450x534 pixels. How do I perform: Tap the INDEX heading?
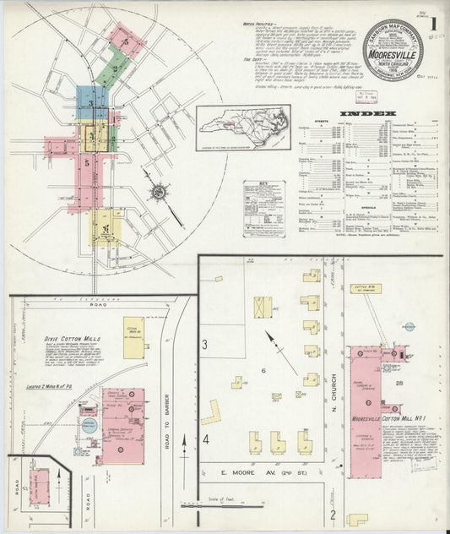point(367,113)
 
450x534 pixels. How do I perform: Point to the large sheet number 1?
point(432,25)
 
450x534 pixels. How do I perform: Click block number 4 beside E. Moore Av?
point(205,440)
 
